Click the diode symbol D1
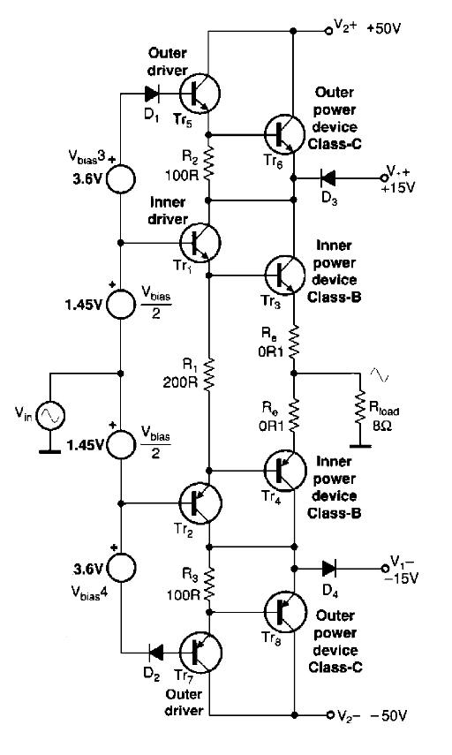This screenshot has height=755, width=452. pyautogui.click(x=152, y=94)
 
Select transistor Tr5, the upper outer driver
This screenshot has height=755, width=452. pyautogui.click(x=200, y=94)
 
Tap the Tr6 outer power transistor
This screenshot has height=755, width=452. pyautogui.click(x=285, y=135)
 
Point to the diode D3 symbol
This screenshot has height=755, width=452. pyautogui.click(x=328, y=178)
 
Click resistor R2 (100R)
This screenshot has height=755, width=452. pyautogui.click(x=208, y=163)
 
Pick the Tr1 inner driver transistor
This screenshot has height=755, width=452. pyautogui.click(x=200, y=243)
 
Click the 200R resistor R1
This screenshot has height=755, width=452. pyautogui.click(x=208, y=374)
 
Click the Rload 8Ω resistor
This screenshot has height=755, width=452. pyautogui.click(x=359, y=408)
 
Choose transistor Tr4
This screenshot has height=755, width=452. pyautogui.click(x=285, y=471)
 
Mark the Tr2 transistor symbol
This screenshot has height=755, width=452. pyautogui.click(x=200, y=503)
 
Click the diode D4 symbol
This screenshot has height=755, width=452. pyautogui.click(x=329, y=568)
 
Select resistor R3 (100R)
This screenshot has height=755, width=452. pyautogui.click(x=209, y=582)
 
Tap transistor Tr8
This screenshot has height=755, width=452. pyautogui.click(x=285, y=612)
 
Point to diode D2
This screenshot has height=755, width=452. pyautogui.click(x=155, y=653)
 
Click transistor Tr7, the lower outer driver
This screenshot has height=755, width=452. pyautogui.click(x=200, y=653)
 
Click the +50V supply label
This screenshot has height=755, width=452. pyautogui.click(x=383, y=28)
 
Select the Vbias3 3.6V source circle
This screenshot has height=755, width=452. pyautogui.click(x=120, y=178)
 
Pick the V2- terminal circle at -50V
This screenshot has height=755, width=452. pyautogui.click(x=330, y=714)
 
